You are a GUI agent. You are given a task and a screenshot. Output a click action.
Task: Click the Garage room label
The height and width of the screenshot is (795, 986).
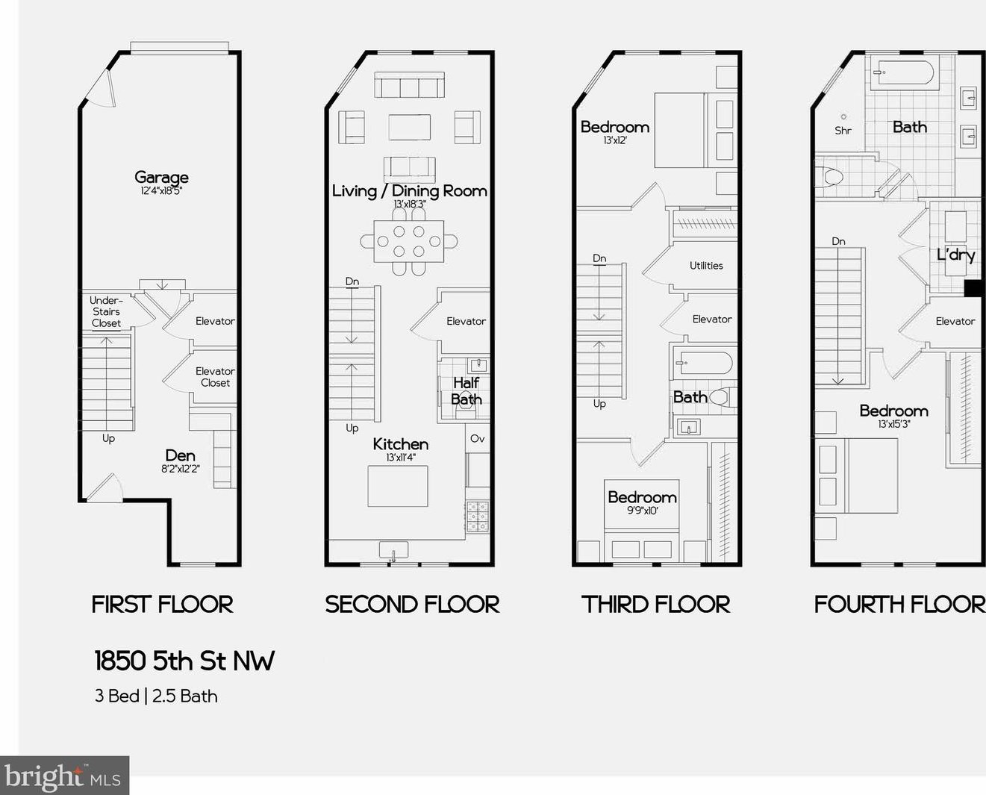pyautogui.click(x=161, y=178)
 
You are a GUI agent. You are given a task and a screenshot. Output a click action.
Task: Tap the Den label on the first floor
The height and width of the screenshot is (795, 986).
pyautogui.click(x=180, y=456)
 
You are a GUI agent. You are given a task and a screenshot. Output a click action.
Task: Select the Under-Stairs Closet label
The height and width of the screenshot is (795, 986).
pyautogui.click(x=106, y=312)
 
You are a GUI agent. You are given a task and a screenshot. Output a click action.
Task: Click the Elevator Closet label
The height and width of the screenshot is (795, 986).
pyautogui.click(x=215, y=377)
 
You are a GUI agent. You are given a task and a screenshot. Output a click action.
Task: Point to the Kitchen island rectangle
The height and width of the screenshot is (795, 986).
pyautogui.click(x=398, y=486)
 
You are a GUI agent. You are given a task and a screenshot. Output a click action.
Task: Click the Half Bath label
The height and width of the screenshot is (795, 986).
pyautogui.click(x=466, y=391)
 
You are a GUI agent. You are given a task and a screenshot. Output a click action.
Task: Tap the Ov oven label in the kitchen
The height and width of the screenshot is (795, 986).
pyautogui.click(x=478, y=439)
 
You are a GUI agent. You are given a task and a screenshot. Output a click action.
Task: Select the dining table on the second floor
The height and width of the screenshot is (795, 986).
pyautogui.click(x=408, y=241)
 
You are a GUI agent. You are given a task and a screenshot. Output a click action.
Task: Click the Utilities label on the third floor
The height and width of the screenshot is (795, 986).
pyautogui.click(x=706, y=266)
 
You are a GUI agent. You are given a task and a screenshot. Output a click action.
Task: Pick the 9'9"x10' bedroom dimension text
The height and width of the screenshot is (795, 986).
pyautogui.click(x=642, y=511)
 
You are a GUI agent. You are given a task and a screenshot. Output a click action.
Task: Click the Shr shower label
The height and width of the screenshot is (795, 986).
pyautogui.click(x=843, y=131)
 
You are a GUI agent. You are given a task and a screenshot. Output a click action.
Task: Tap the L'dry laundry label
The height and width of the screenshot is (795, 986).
pyautogui.click(x=955, y=255)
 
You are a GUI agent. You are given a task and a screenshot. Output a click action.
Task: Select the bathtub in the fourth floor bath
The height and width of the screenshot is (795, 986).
pyautogui.click(x=903, y=75)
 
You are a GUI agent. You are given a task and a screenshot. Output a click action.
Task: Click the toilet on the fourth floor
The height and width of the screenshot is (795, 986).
pyautogui.click(x=830, y=177)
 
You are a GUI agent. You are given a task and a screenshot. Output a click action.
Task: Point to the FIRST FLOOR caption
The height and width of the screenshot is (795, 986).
pyautogui.click(x=162, y=604)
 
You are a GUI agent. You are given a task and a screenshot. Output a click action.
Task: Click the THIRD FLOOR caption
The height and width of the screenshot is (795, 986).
pyautogui.click(x=655, y=604)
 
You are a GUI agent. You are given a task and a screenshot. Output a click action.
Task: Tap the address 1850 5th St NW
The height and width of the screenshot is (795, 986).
pyautogui.click(x=184, y=661)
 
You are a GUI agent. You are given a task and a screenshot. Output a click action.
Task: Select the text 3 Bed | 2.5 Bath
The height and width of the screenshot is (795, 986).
pyautogui.click(x=156, y=696)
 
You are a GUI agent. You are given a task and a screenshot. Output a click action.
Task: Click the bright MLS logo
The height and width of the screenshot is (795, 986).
pyautogui.click(x=64, y=776)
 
